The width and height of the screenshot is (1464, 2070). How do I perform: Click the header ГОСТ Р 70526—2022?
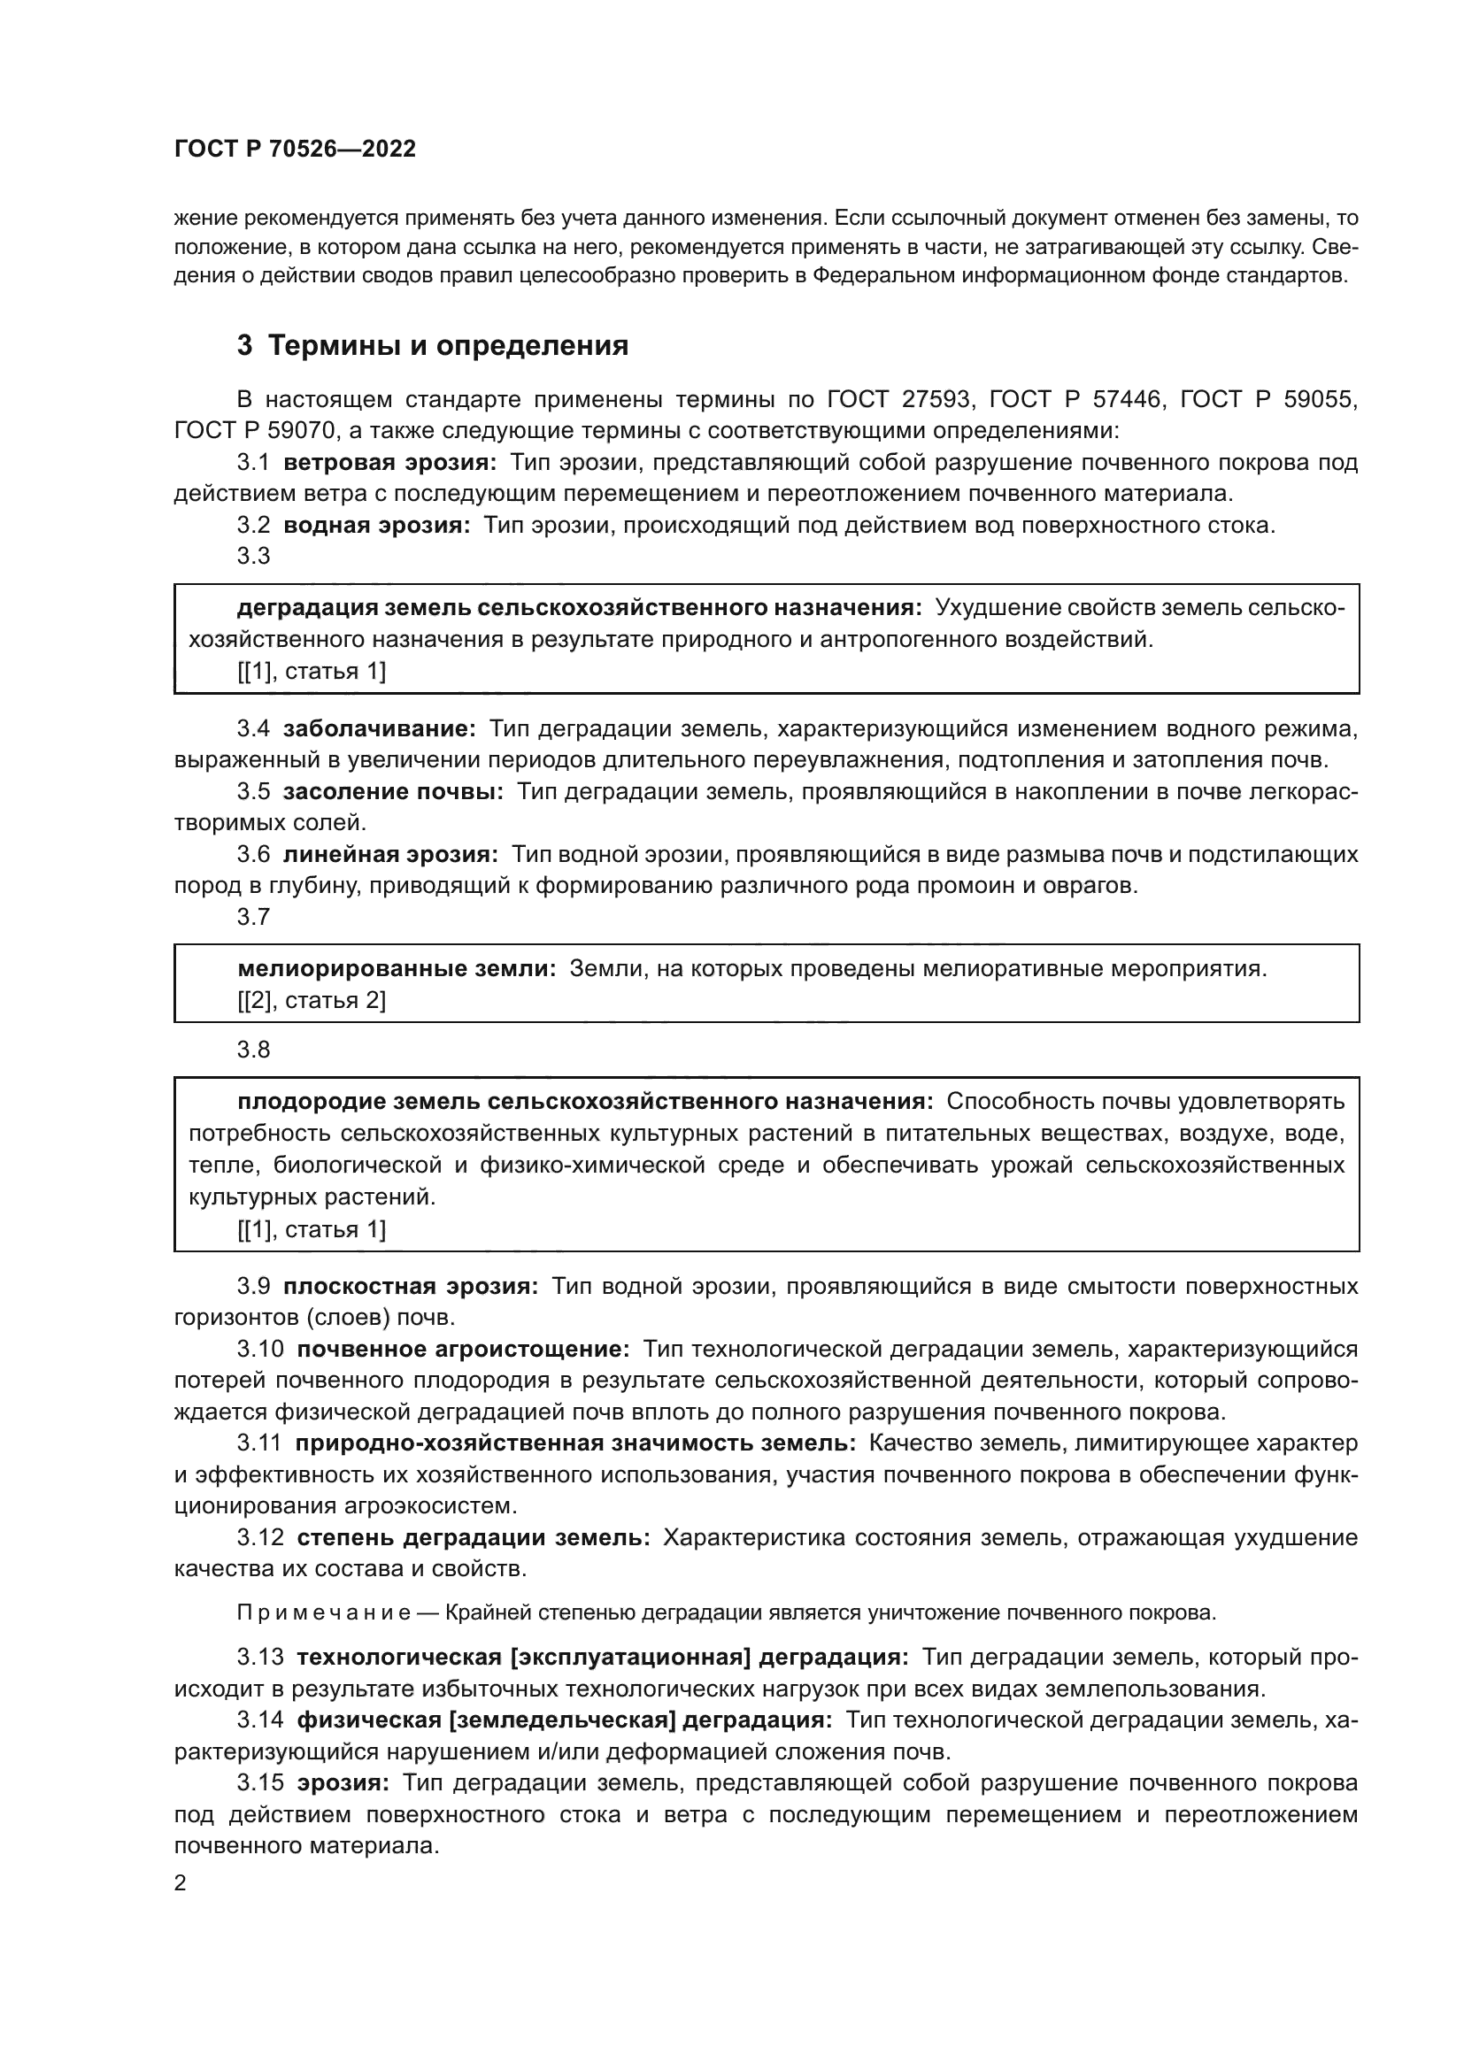pyautogui.click(x=295, y=150)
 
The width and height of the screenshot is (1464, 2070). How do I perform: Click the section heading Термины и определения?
pyautogui.click(x=448, y=345)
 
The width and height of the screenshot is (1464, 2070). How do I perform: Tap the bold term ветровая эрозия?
pyautogui.click(x=389, y=463)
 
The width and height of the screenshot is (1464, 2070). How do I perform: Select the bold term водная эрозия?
pyautogui.click(x=377, y=526)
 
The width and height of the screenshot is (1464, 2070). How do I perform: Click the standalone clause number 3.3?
pyautogui.click(x=253, y=557)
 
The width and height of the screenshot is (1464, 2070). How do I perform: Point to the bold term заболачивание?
pyautogui.click(x=380, y=728)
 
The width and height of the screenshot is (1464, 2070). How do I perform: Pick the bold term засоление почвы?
pyautogui.click(x=393, y=791)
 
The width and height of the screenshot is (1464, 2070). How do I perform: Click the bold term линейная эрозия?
pyautogui.click(x=390, y=854)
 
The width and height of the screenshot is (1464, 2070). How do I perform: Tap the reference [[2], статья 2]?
pyautogui.click(x=311, y=1001)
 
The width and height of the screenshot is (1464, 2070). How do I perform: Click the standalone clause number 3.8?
pyautogui.click(x=253, y=1050)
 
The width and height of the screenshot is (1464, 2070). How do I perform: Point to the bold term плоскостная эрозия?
pyautogui.click(x=410, y=1287)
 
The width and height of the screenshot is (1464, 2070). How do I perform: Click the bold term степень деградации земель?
pyautogui.click(x=474, y=1537)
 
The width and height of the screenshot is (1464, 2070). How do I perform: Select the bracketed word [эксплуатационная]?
pyautogui.click(x=630, y=1657)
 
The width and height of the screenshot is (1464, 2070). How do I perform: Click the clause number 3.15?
pyautogui.click(x=259, y=1782)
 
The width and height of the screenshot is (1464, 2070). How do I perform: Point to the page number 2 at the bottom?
pyautogui.click(x=181, y=1883)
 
